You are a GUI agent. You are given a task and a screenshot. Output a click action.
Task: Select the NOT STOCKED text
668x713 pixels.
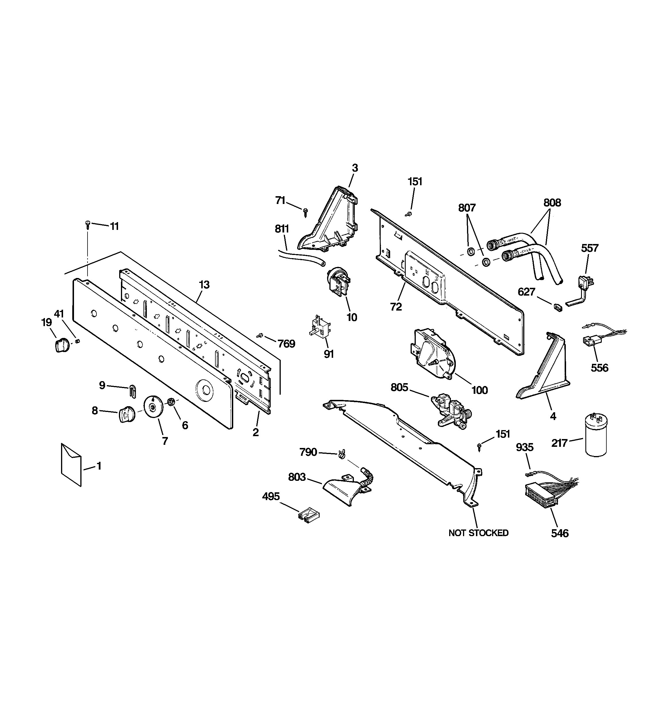pos(478,533)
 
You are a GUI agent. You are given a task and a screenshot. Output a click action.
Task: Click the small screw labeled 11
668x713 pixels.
pos(88,224)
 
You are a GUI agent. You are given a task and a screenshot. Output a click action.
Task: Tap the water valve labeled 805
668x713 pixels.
pos(451,411)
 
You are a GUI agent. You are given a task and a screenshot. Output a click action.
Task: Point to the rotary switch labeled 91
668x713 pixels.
pos(320,326)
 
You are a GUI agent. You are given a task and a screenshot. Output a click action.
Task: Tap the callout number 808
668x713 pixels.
pos(552,203)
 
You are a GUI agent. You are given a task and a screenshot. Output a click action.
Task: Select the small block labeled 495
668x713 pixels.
pos(308,516)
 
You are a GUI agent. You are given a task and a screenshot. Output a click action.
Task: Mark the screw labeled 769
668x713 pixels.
pos(260,335)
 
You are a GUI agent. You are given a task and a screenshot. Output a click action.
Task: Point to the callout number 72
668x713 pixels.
pos(396,307)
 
